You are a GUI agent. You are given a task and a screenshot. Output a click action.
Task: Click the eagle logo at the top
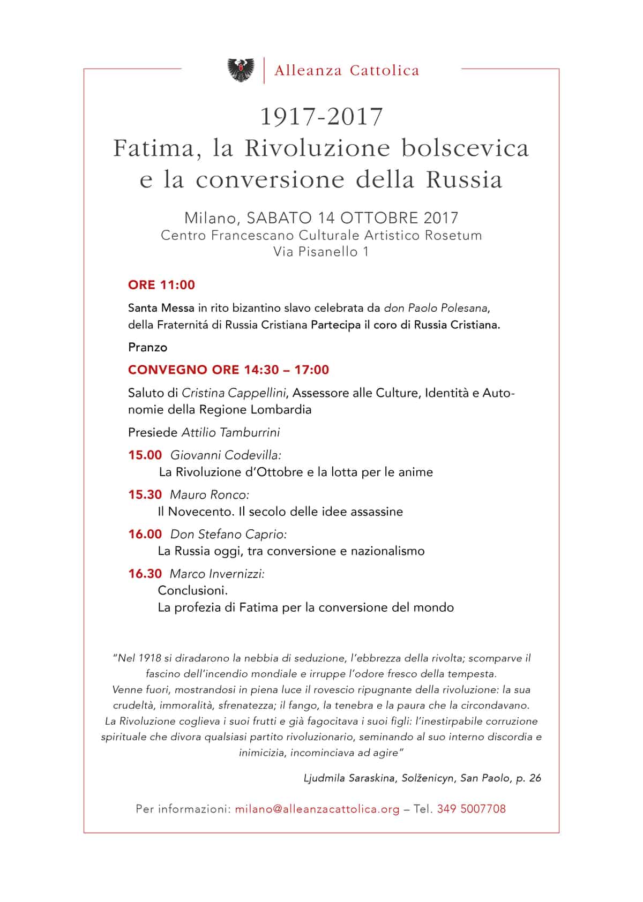(x=241, y=70)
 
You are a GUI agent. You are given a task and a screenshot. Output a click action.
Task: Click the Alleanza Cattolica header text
(x=347, y=70)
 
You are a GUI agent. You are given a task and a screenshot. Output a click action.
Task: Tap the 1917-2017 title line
(x=322, y=117)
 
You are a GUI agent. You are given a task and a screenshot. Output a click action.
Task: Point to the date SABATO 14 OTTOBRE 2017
(x=353, y=218)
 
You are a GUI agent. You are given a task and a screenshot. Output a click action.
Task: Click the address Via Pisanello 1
(x=321, y=252)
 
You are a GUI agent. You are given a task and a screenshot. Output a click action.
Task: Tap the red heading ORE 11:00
(x=161, y=285)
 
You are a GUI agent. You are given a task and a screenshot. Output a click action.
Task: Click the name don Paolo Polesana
(x=437, y=309)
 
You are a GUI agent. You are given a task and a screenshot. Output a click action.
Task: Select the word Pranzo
(x=148, y=348)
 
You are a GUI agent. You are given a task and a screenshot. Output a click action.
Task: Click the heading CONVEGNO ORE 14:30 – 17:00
(x=229, y=370)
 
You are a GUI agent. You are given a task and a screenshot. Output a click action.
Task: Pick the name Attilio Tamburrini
(x=230, y=432)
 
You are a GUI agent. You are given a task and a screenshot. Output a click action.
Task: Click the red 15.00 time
(x=145, y=455)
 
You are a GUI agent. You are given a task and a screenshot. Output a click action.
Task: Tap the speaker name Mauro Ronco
(x=210, y=495)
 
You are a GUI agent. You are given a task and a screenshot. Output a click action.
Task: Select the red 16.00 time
(x=145, y=535)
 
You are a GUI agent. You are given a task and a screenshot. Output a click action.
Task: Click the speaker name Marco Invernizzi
(x=217, y=574)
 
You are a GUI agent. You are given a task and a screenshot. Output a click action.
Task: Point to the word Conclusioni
(x=193, y=591)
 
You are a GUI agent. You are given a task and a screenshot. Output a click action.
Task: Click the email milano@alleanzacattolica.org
(x=317, y=809)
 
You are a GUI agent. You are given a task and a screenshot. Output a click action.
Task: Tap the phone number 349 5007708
(x=472, y=809)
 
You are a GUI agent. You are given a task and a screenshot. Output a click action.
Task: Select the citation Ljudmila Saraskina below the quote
(x=349, y=778)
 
